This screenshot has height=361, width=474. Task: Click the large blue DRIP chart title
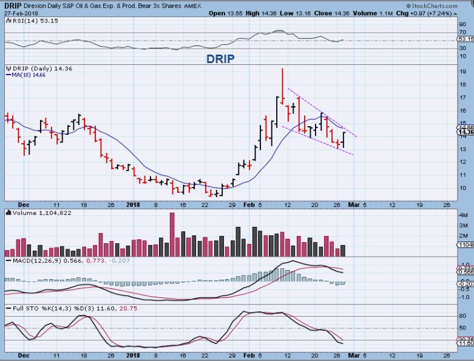(219, 59)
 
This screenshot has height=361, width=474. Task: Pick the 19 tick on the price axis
(462, 72)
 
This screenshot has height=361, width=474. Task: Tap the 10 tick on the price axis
(462, 187)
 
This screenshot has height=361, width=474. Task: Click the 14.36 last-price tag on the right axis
(466, 132)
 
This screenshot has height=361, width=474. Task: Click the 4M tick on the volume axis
(462, 215)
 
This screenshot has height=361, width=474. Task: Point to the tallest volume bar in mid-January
(172, 234)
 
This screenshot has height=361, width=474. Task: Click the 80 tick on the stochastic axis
(462, 315)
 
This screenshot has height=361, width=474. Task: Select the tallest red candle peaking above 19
(282, 85)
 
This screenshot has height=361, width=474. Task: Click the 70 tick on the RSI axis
(462, 32)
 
